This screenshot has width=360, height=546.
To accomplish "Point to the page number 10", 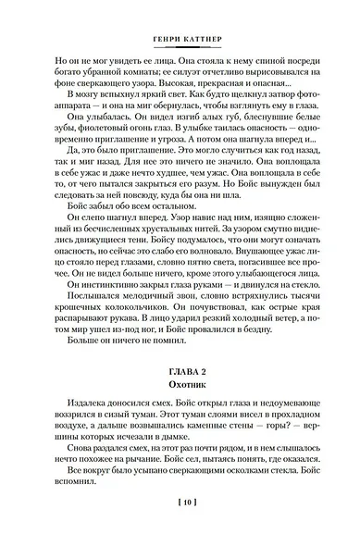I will pyautogui.click(x=180, y=527).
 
